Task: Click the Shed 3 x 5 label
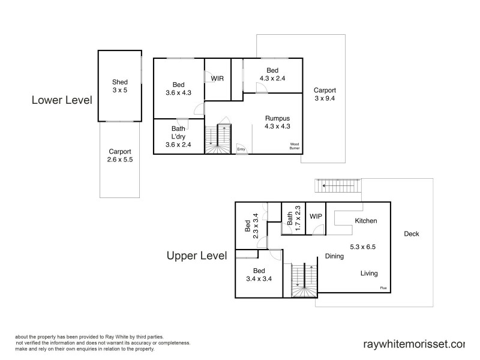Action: [120, 86]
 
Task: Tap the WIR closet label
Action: [217, 79]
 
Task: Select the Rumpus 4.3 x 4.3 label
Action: [277, 122]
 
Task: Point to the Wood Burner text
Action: [294, 146]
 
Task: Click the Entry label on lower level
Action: [241, 149]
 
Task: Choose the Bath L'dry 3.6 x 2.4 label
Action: [178, 136]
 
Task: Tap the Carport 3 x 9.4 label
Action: [325, 94]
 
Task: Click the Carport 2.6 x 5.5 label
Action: [120, 156]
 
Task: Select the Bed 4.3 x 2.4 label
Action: [272, 74]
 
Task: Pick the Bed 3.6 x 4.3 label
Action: [178, 89]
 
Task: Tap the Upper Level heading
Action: [196, 256]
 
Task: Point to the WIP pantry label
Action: [316, 216]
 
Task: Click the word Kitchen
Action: [366, 221]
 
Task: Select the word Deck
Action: [412, 234]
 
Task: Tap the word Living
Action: [369, 274]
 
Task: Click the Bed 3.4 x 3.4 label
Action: [259, 274]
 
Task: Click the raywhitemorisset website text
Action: [414, 344]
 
